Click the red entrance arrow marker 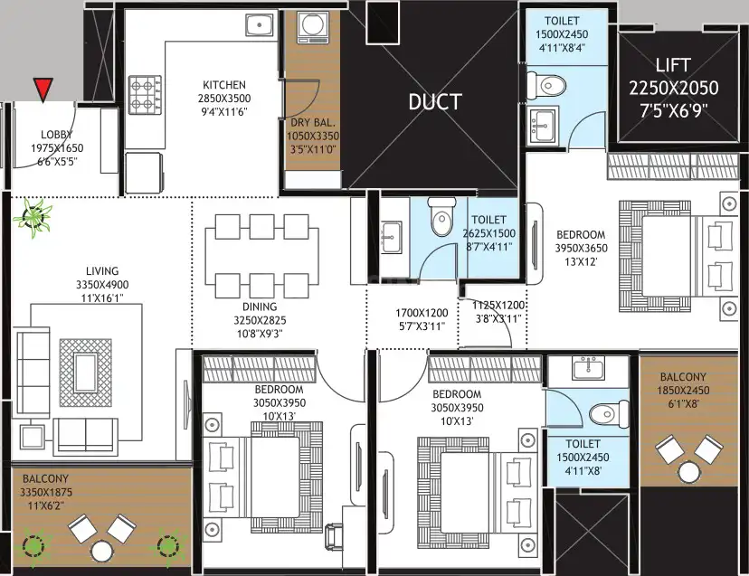tap(43, 90)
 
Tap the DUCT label tap(435, 102)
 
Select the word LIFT tap(673, 65)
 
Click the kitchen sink tap(261, 24)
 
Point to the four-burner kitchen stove tap(145, 95)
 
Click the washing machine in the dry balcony tap(312, 27)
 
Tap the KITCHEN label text tap(224, 85)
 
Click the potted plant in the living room tap(33, 218)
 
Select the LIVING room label tap(102, 270)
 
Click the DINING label tap(260, 307)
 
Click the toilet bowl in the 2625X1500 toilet tap(441, 217)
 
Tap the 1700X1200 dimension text tap(422, 313)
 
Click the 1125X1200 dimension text tap(498, 306)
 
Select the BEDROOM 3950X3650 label tap(581, 241)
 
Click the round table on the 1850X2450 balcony tap(689, 472)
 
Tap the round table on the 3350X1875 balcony tap(101, 551)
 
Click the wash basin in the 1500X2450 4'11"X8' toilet tap(588, 367)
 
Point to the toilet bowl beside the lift tap(546, 86)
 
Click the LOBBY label tap(57, 135)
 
